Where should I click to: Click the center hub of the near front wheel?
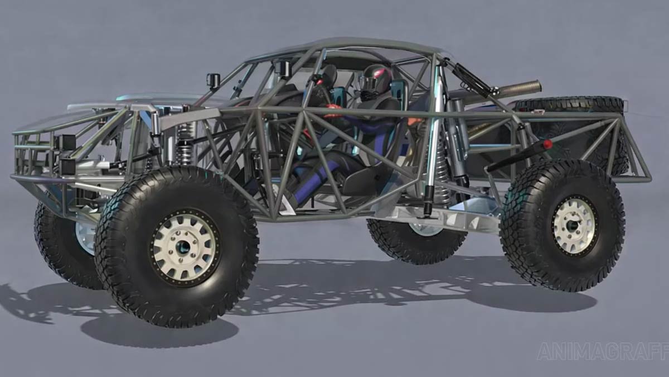pos(183,246)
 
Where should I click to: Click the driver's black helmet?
pos(374,80)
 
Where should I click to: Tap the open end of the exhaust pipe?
pos(537,87)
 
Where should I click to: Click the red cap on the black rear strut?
pos(547,144)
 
